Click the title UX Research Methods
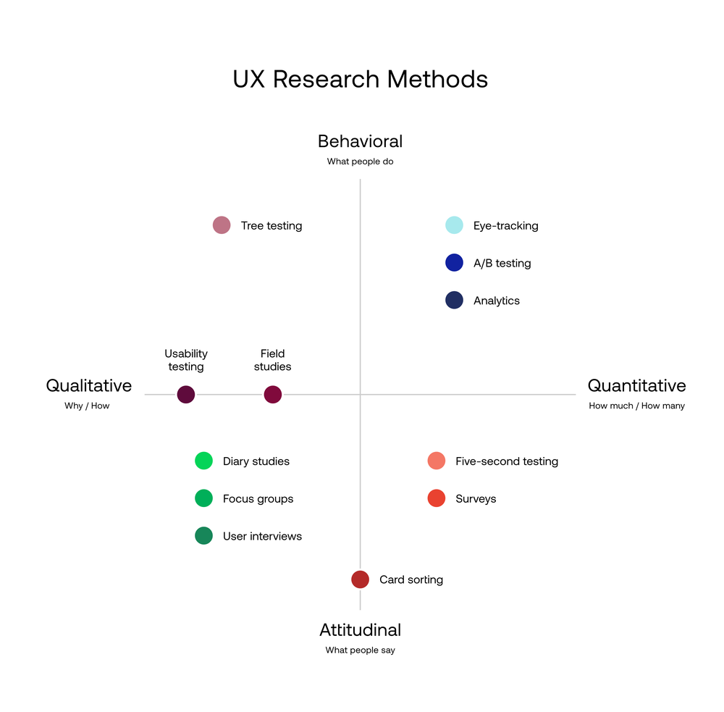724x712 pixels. coord(361,79)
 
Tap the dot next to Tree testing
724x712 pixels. coord(222,225)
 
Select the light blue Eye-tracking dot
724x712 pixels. coord(454,225)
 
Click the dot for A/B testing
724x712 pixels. coord(454,263)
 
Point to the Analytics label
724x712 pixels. coord(497,301)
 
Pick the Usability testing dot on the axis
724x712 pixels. coord(186,395)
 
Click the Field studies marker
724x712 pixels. coord(273,395)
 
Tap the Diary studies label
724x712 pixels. coord(256,461)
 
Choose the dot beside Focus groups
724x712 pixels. coord(203,498)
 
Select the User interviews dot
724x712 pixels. coord(203,536)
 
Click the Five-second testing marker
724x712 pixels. coord(436,461)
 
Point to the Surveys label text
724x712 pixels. coord(476,499)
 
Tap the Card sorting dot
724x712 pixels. coord(360,579)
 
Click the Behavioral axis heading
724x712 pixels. coord(360,141)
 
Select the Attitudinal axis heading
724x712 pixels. coord(360,630)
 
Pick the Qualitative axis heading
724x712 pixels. coord(89,385)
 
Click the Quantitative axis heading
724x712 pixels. coord(636,385)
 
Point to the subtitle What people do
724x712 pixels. coord(360,162)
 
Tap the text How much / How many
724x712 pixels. coord(636,406)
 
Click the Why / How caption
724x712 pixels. coord(87,406)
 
